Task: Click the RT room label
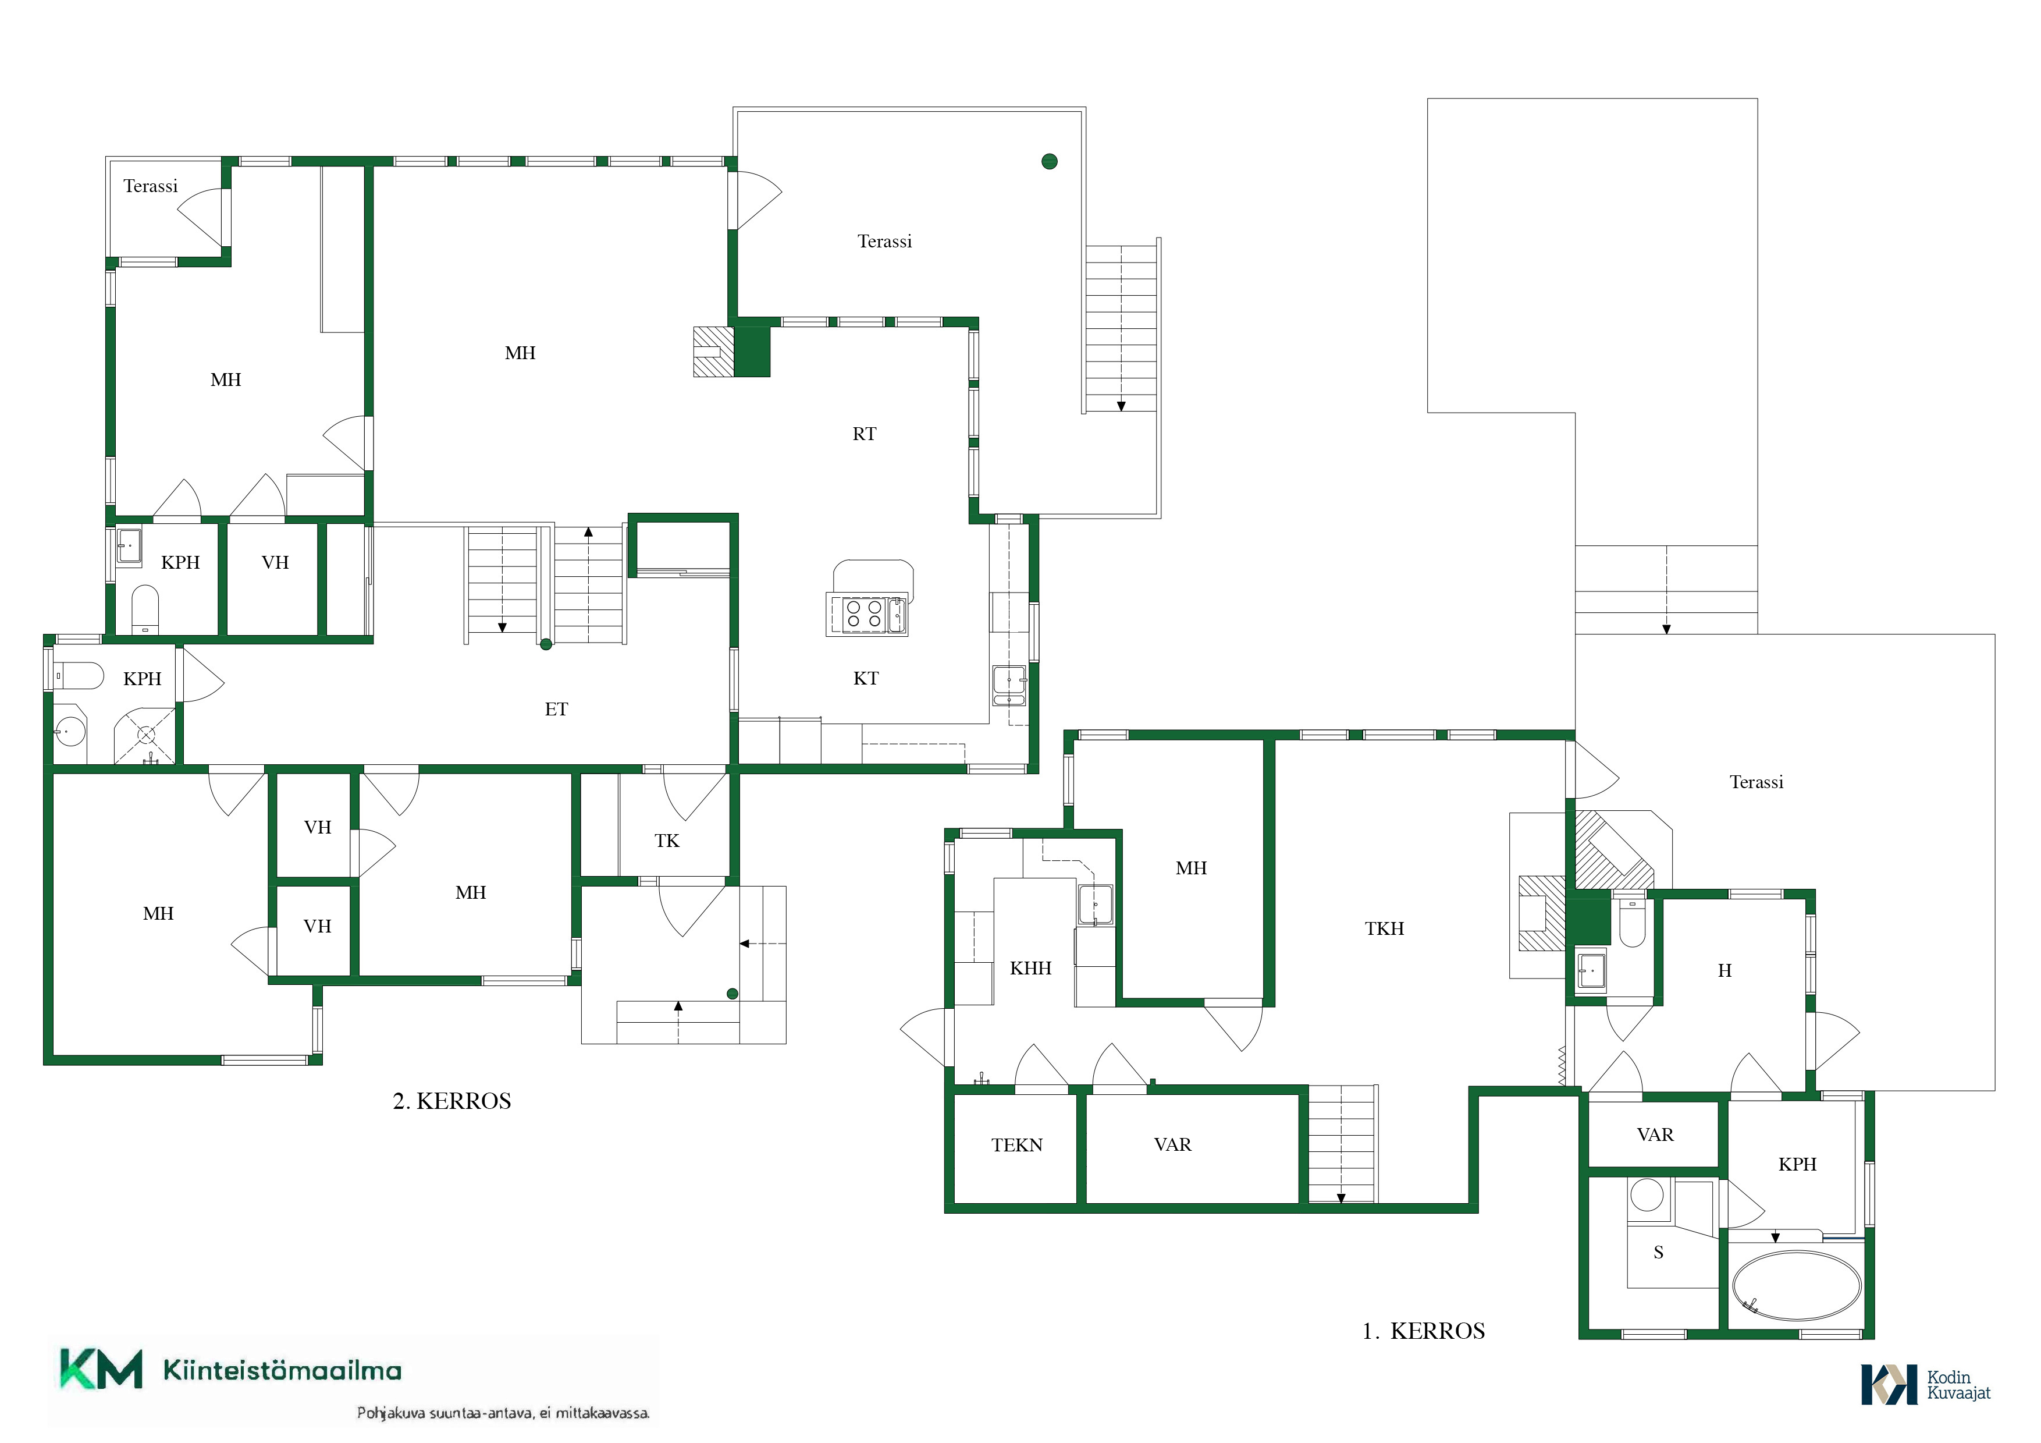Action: pos(864,434)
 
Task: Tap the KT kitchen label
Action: pos(866,678)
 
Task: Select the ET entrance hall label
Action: pos(556,710)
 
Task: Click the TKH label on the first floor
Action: pos(1384,929)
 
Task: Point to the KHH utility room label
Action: pos(1030,968)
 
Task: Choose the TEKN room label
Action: pos(1017,1145)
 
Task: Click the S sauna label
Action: pos(1658,1253)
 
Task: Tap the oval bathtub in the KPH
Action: pos(1797,1286)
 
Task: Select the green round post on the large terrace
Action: pos(1049,161)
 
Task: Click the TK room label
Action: pos(667,841)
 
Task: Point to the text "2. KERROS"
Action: pos(451,1101)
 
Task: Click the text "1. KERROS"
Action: pos(1423,1331)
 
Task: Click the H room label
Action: pos(1724,971)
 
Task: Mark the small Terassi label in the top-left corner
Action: pos(150,186)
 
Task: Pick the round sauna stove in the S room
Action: pos(1647,1196)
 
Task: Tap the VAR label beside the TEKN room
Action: pos(1172,1145)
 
